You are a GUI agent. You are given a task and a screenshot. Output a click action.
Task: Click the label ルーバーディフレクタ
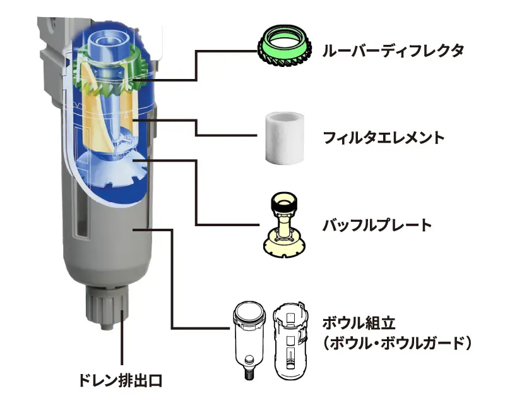[393, 51]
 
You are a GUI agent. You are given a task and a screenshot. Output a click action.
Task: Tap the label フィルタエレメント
[384, 138]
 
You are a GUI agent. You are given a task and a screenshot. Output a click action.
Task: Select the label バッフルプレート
[377, 225]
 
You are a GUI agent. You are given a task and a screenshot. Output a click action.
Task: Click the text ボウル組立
[359, 323]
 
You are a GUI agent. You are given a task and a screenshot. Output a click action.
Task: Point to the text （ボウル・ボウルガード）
[397, 343]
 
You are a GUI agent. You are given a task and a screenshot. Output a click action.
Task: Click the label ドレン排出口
[120, 380]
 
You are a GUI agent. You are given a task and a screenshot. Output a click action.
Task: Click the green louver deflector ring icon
[285, 46]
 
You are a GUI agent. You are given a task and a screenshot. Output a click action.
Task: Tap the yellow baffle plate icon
[284, 226]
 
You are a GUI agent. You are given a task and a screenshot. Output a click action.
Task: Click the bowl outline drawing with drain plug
[249, 340]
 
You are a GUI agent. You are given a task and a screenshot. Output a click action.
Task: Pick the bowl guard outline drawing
[290, 341]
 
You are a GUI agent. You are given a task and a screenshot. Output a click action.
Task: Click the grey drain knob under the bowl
[107, 307]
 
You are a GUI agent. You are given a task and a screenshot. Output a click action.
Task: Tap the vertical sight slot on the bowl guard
[80, 210]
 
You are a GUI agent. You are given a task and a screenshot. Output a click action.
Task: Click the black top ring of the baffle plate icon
[284, 202]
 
